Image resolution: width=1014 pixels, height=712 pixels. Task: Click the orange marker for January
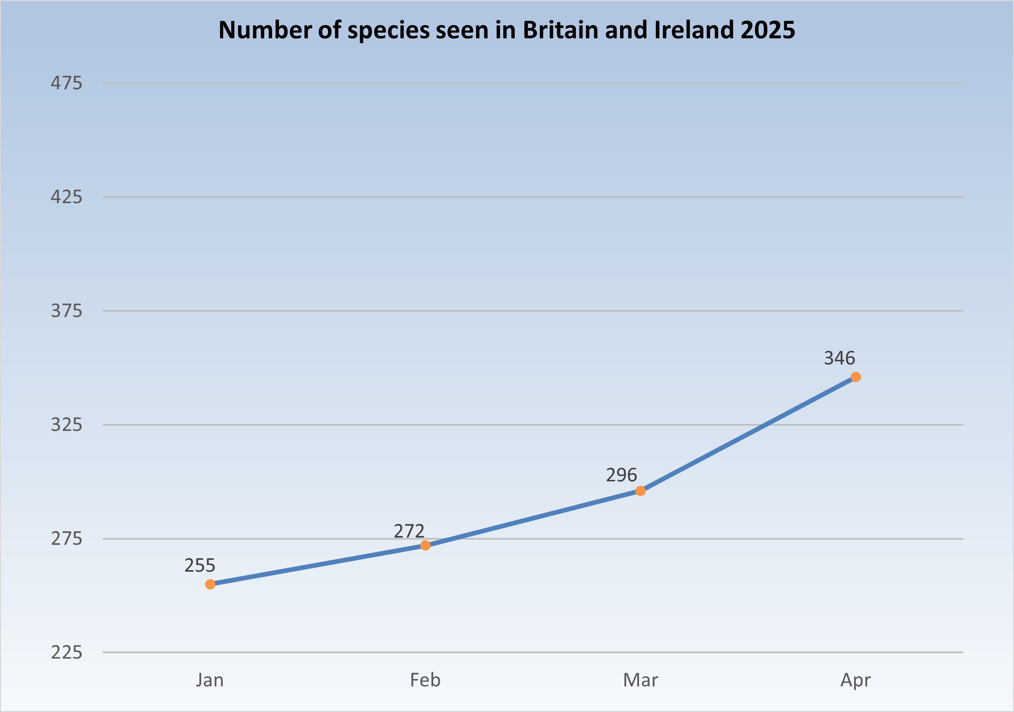pos(210,584)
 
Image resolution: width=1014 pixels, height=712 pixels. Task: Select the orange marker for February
pos(425,546)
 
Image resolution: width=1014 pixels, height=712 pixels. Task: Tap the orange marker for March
pos(640,491)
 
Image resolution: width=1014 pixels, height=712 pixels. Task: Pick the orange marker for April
pos(855,377)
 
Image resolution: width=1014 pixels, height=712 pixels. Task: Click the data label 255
pos(199,565)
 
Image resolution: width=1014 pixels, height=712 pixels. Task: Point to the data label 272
pos(409,531)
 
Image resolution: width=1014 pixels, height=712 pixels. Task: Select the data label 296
pos(621,475)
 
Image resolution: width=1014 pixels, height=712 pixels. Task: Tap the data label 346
pos(839,358)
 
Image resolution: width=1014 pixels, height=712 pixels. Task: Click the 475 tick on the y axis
pos(66,83)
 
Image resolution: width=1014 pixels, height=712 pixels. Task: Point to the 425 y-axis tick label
pos(66,197)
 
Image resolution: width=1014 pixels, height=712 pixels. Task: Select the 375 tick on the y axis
pos(66,311)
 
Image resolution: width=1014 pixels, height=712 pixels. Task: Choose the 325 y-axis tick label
pos(66,425)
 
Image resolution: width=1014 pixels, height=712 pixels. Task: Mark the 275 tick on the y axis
pos(66,539)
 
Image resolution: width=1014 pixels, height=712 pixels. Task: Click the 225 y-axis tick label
pos(66,652)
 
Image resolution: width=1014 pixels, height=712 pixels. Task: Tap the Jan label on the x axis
pos(210,680)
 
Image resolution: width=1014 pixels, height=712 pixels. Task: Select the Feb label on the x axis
pos(425,680)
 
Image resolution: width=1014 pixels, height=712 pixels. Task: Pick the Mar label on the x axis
pos(640,680)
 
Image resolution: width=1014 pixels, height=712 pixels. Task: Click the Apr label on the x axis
pos(855,680)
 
